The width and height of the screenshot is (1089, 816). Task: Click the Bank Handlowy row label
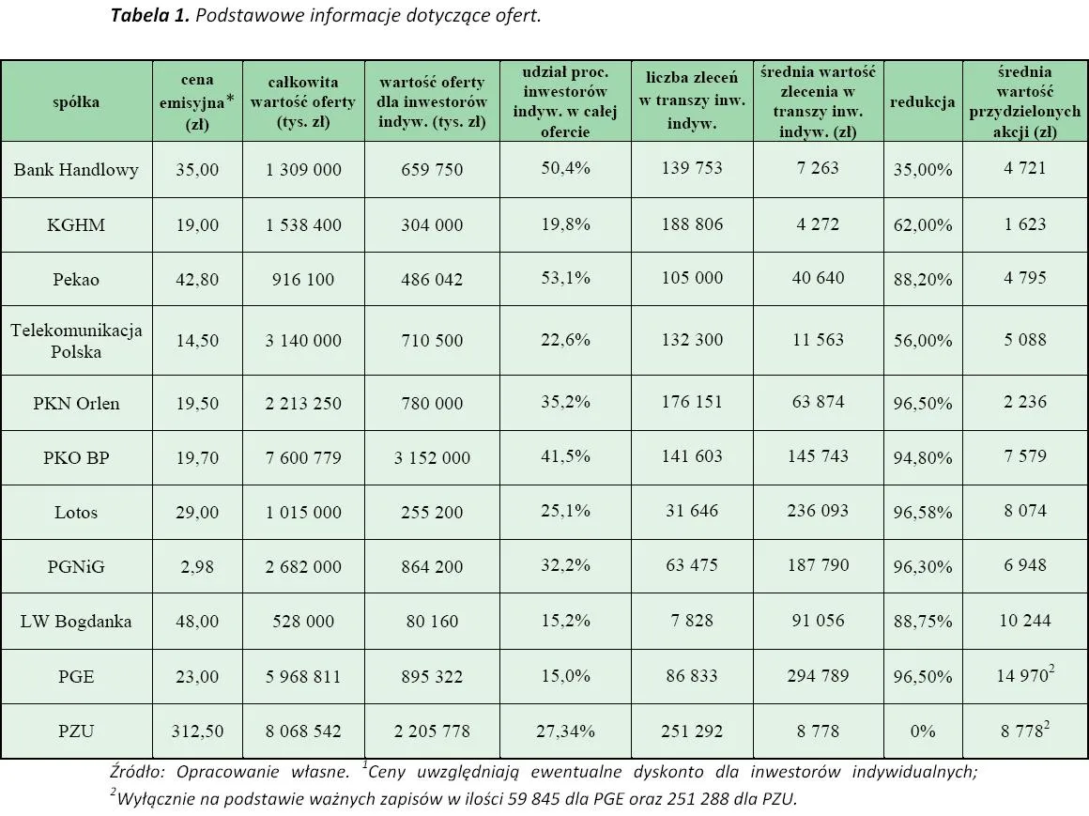click(x=76, y=170)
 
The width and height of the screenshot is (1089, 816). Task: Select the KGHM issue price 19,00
click(x=197, y=225)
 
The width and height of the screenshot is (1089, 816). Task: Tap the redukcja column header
click(x=923, y=101)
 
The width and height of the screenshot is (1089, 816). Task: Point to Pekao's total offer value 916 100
click(x=303, y=280)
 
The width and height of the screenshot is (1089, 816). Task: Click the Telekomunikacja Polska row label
click(x=76, y=341)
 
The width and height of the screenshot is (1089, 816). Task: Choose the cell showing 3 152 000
click(x=433, y=458)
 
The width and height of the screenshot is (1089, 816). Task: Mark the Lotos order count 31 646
click(x=692, y=511)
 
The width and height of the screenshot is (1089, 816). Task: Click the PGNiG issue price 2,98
click(x=197, y=567)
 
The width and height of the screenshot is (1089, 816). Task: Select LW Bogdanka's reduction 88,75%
click(x=923, y=622)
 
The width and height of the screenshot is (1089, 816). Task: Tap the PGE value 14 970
click(x=1021, y=676)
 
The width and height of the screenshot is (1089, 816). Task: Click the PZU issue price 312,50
click(x=197, y=731)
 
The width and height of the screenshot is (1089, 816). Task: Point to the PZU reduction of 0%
click(x=923, y=731)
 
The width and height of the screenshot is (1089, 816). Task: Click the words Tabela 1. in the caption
click(x=145, y=16)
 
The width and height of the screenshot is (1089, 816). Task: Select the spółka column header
click(x=76, y=101)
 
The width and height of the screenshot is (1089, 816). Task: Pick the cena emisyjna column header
click(x=197, y=101)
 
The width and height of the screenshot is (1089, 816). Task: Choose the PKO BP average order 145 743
click(x=818, y=456)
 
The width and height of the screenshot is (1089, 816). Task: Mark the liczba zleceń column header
click(x=692, y=101)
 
